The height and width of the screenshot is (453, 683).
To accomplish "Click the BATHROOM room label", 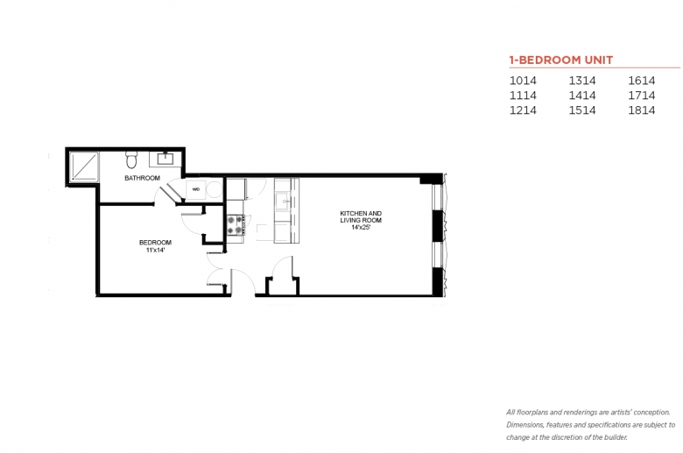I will coord(142,178).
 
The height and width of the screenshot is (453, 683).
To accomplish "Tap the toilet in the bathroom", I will coord(132,159).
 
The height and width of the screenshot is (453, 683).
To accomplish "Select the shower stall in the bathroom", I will coord(82,166).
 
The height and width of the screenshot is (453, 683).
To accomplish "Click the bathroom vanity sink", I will coord(165,159).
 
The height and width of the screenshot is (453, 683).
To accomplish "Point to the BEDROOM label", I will coord(155,242).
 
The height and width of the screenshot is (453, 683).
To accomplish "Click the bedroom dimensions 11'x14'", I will coord(155,250).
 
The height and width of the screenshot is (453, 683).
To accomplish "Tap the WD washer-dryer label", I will coord(196,188).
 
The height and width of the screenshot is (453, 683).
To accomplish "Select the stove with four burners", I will coord(235,225).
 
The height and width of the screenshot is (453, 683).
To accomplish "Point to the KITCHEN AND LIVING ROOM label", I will coord(361,216).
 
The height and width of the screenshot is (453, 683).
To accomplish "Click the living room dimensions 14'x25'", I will coord(361,227).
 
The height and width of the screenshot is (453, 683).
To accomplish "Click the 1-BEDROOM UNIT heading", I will coord(560,60).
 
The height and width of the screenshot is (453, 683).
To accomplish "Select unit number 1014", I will coord(523,80).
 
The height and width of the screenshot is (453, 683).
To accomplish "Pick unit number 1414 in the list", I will coord(582,95).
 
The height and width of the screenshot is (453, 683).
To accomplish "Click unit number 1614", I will coord(641,80).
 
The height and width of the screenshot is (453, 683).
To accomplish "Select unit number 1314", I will coord(582,80).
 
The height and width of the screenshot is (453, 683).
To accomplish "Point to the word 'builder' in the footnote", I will coord(613,436).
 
